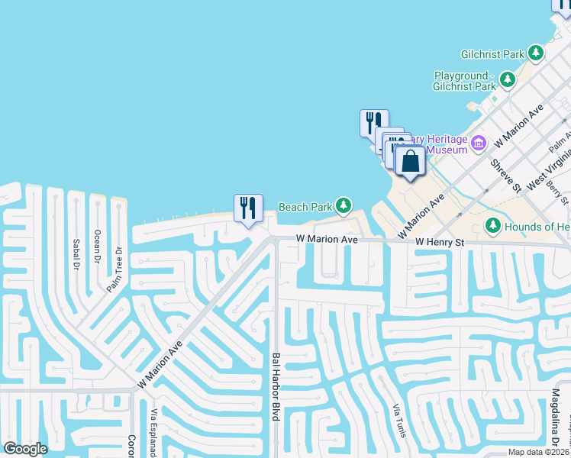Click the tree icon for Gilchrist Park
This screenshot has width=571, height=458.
(x=537, y=53)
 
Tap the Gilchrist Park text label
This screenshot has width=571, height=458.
(x=492, y=54)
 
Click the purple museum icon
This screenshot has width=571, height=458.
(x=479, y=143)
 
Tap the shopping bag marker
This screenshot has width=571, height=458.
(x=410, y=162)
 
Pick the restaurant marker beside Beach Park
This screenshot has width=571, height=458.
(x=248, y=208)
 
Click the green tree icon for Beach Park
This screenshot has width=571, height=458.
(x=344, y=205)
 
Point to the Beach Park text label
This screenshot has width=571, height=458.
(x=305, y=206)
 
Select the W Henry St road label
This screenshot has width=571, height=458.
(x=440, y=241)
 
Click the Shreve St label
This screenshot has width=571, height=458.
(x=505, y=176)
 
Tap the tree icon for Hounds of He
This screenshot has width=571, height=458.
(x=493, y=226)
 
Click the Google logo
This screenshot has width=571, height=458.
(x=26, y=448)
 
